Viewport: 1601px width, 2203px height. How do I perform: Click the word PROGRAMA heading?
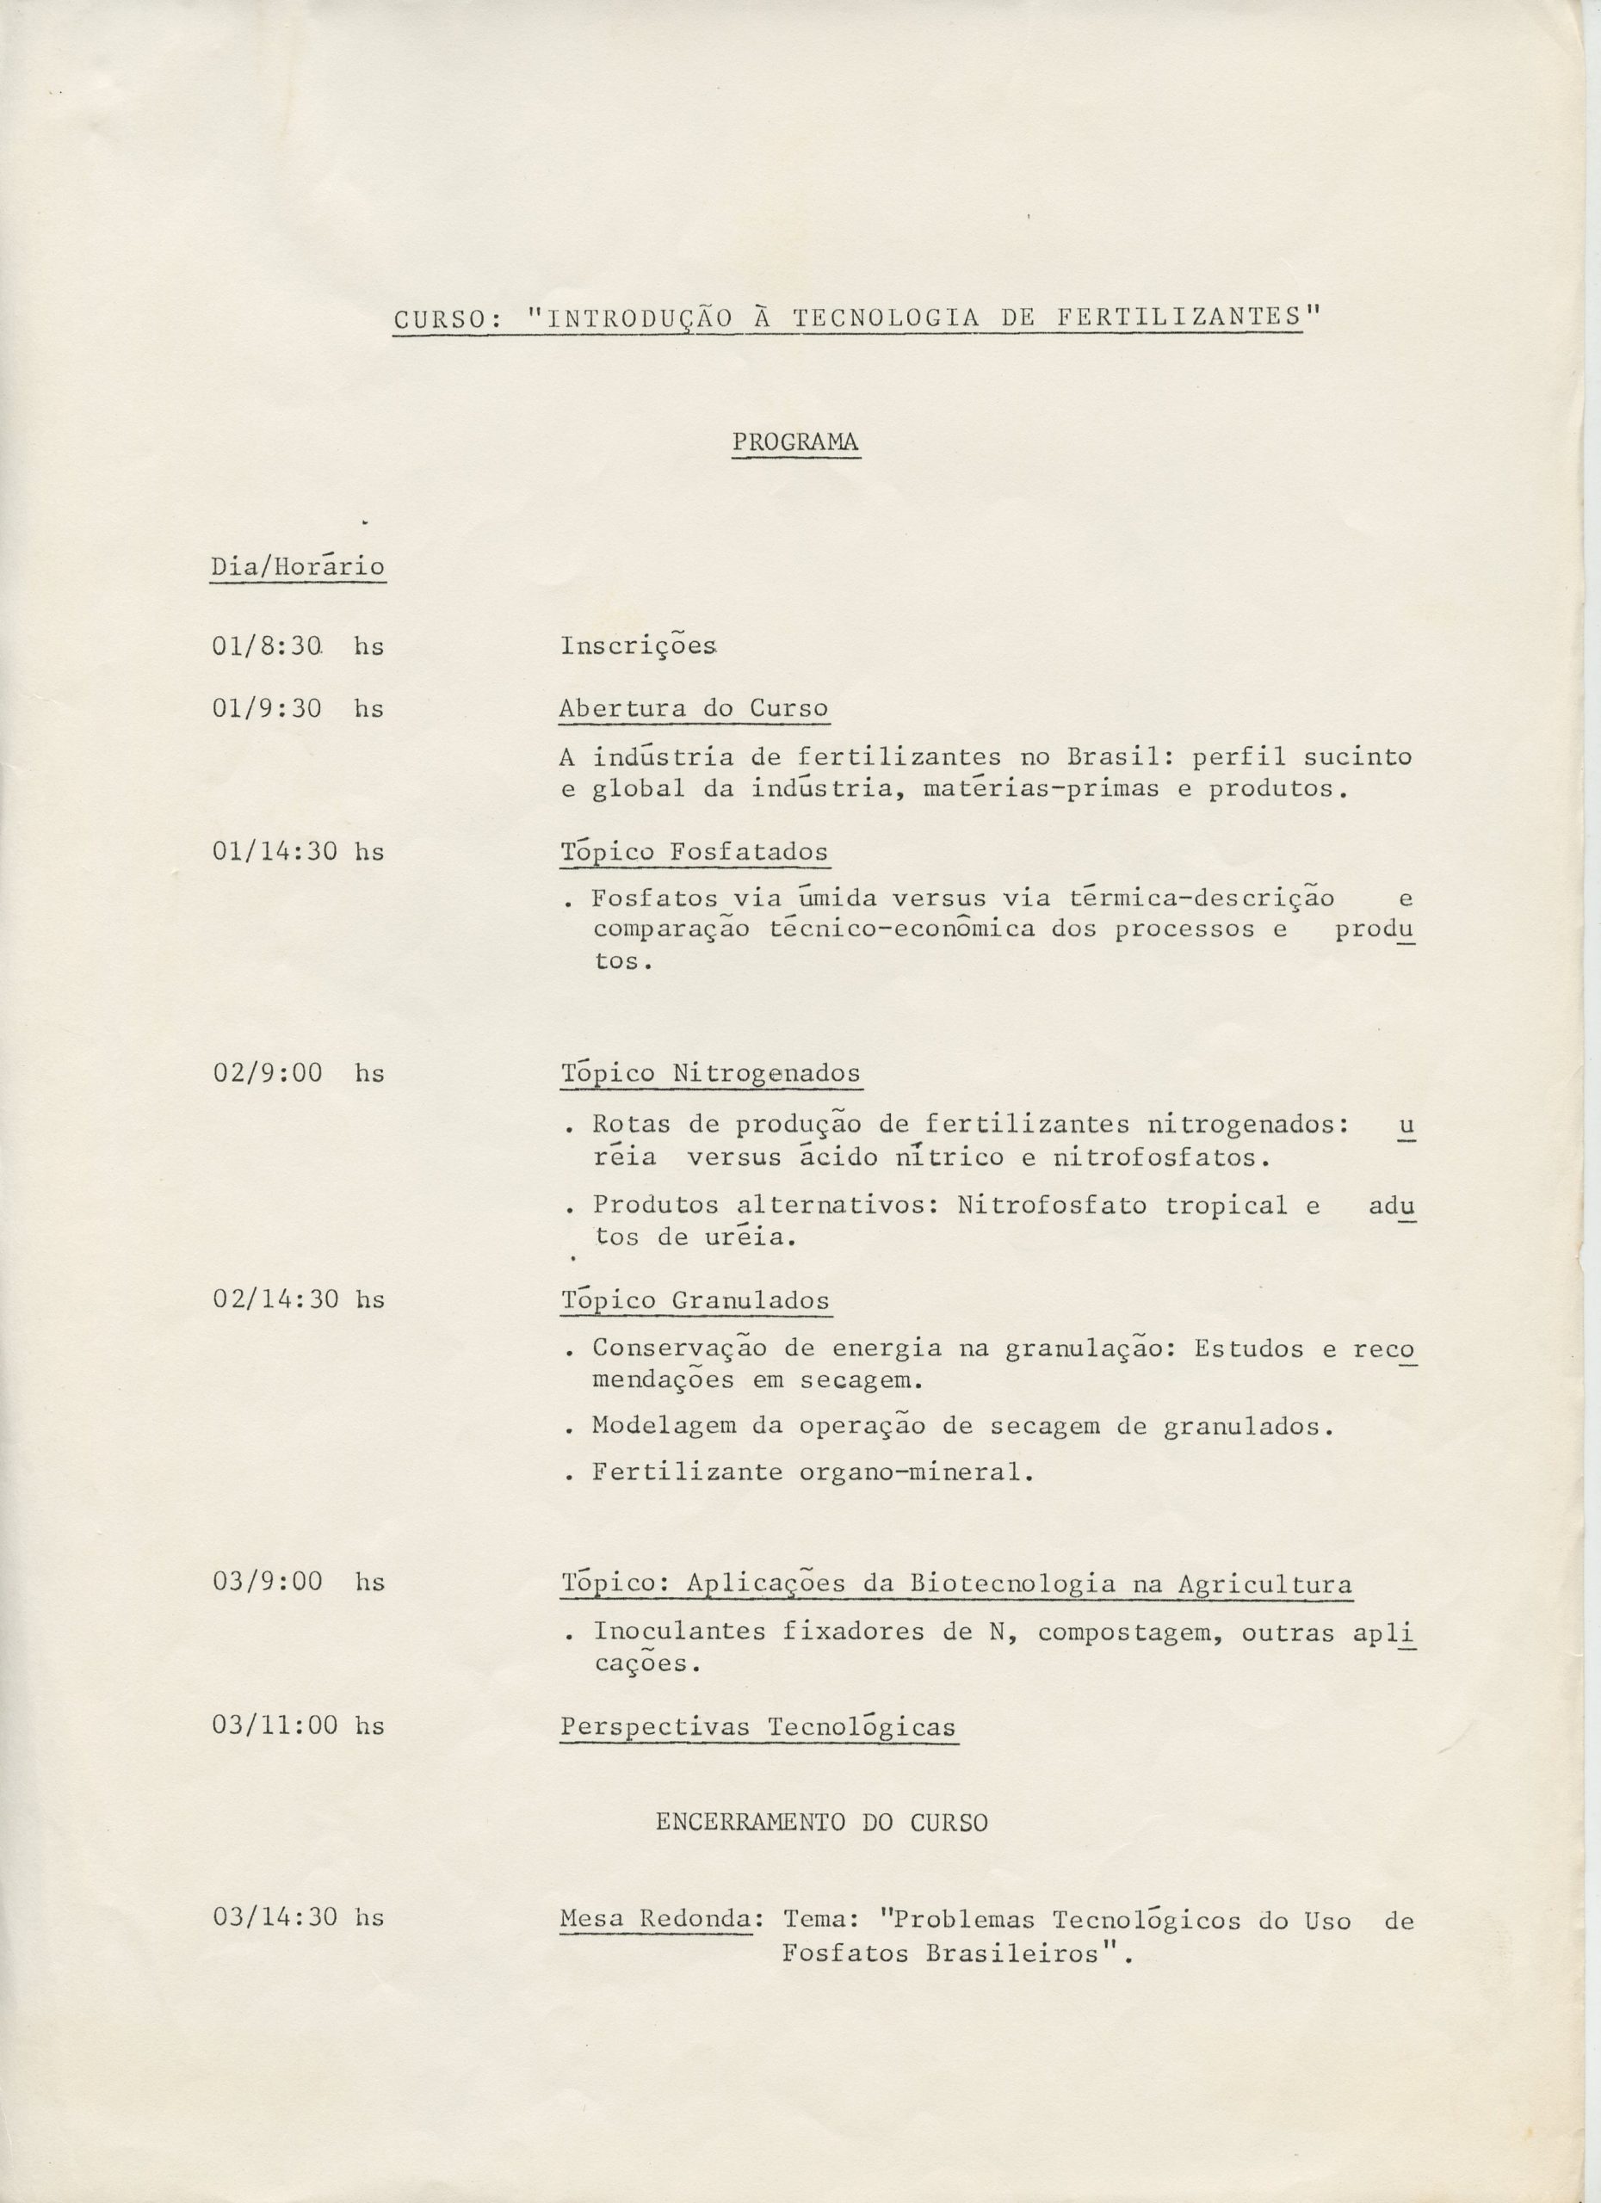tap(794, 442)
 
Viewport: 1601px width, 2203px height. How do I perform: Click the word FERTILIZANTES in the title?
tap(1178, 318)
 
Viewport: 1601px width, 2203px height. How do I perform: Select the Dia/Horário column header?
tap(297, 566)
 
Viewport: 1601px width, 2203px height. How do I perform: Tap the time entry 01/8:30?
tap(267, 646)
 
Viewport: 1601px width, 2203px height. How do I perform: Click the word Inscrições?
tap(640, 646)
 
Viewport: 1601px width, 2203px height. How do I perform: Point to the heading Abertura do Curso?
tap(694, 709)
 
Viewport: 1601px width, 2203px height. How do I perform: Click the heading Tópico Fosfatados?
tap(694, 852)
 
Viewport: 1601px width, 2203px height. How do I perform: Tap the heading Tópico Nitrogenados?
tap(710, 1073)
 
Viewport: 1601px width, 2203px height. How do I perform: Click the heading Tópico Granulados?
tap(695, 1299)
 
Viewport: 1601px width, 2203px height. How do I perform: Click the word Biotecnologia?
tap(1012, 1583)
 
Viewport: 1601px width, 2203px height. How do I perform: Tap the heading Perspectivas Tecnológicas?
tap(757, 1726)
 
